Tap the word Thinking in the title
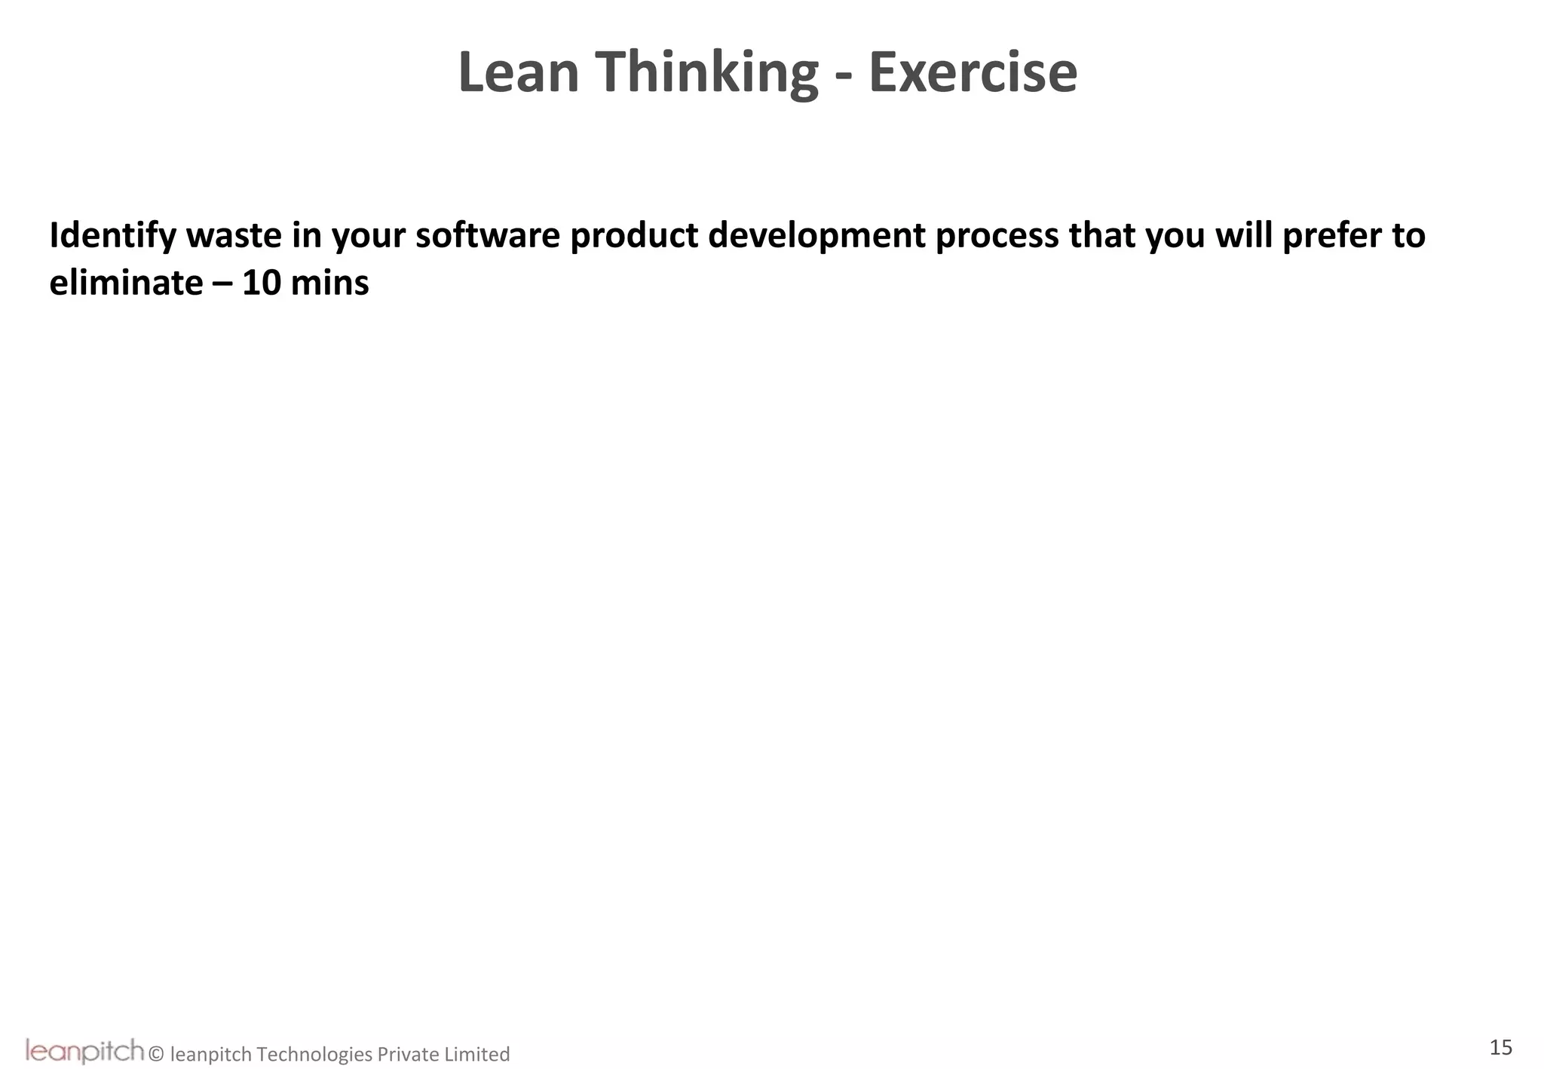[709, 74]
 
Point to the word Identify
[112, 237]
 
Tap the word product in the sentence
[634, 237]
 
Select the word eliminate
[126, 283]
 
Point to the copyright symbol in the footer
[157, 1054]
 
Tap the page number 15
[1500, 1047]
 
